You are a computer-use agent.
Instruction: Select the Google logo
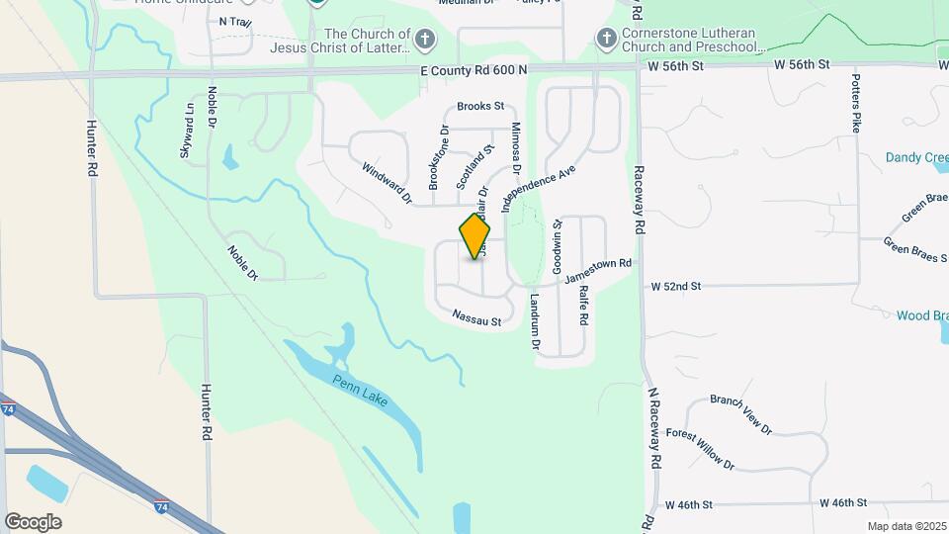33,522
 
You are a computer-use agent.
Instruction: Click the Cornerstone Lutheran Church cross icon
606,39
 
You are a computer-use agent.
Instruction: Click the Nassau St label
477,318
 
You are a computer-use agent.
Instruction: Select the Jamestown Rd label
597,270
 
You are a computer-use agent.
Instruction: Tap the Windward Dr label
388,182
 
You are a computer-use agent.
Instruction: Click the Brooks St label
480,106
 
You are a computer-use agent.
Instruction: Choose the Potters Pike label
857,102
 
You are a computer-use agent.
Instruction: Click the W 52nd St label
675,286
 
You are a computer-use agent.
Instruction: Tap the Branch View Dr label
741,414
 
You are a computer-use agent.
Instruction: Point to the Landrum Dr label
534,322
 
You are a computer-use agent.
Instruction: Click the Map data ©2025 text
906,526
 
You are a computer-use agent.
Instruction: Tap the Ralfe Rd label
583,307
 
